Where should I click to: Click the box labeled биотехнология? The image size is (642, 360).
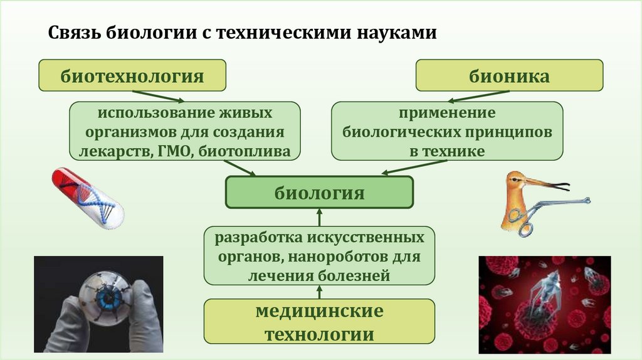tap(132, 76)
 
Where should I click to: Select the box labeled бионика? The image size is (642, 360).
tap(510, 76)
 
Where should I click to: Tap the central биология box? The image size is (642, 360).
tap(319, 193)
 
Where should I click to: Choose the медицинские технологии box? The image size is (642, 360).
tap(319, 322)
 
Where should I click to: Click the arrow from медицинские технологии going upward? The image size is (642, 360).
tap(319, 292)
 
